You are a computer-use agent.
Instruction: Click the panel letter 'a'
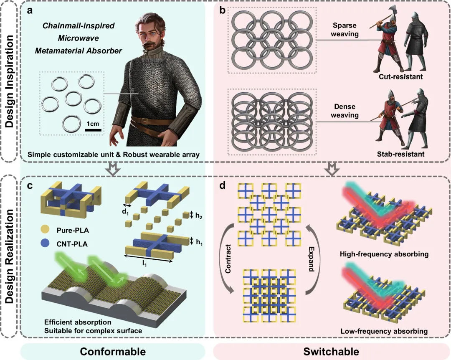30,10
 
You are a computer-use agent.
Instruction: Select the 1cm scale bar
93,130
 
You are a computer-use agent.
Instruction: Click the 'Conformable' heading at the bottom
113,351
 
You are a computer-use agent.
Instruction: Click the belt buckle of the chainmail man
146,121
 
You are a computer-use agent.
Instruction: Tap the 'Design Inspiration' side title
9,80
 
